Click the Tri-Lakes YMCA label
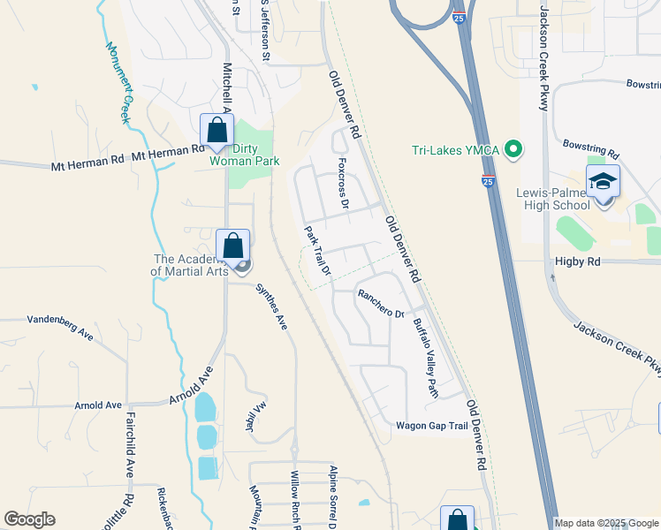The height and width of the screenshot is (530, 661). pyautogui.click(x=455, y=150)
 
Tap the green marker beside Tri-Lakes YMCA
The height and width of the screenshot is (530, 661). pyautogui.click(x=513, y=150)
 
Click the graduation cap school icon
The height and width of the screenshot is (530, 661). pyautogui.click(x=603, y=182)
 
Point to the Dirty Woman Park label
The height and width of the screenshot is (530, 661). pyautogui.click(x=245, y=155)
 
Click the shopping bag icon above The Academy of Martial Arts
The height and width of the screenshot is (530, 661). pyautogui.click(x=233, y=246)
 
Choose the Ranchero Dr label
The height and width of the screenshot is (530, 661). pyautogui.click(x=380, y=301)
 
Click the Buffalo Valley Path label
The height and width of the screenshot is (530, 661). pyautogui.click(x=425, y=358)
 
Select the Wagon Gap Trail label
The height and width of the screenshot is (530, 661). pyautogui.click(x=431, y=425)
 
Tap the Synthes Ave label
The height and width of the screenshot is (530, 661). pyautogui.click(x=271, y=307)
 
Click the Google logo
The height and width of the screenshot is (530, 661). pyautogui.click(x=29, y=519)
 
